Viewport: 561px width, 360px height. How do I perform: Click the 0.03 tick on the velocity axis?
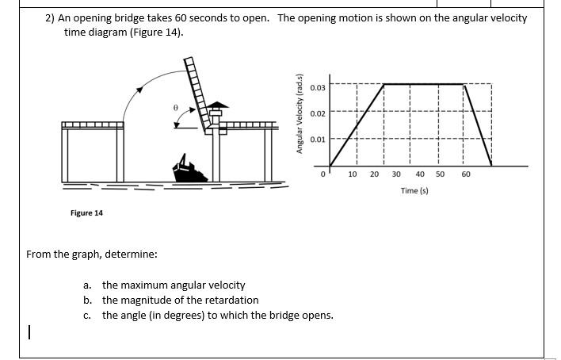(317, 87)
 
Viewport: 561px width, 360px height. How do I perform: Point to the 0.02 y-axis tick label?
(317, 113)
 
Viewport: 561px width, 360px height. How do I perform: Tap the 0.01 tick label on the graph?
(317, 140)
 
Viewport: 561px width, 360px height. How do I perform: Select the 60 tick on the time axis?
(466, 174)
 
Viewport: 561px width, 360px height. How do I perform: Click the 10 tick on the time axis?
(353, 174)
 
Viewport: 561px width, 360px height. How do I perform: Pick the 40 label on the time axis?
(419, 174)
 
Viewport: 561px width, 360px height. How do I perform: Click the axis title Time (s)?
(414, 191)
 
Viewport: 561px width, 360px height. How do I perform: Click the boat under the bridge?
(189, 170)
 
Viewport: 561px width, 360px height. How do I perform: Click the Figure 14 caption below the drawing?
(86, 213)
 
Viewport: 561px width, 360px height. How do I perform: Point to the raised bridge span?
(197, 91)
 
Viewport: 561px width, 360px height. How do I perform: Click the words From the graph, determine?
(91, 255)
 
